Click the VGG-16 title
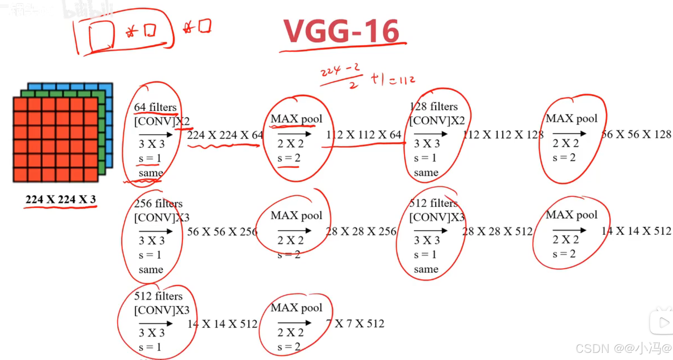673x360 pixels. click(x=341, y=31)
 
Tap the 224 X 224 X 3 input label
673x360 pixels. click(x=60, y=199)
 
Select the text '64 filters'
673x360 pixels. click(x=155, y=107)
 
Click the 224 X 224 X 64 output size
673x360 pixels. click(x=225, y=135)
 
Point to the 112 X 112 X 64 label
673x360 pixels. click(x=364, y=135)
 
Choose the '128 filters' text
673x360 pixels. click(x=434, y=106)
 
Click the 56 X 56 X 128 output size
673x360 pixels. click(x=636, y=134)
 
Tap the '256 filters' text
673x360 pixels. click(x=158, y=204)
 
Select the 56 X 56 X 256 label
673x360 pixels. click(x=222, y=232)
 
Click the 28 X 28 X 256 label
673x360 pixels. click(x=361, y=231)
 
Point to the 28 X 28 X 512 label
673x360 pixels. click(x=497, y=231)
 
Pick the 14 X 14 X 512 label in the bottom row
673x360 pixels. click(x=222, y=324)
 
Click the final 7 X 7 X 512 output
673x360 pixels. click(x=355, y=323)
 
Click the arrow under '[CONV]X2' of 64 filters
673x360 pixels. click(x=156, y=134)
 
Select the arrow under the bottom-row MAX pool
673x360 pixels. click(x=294, y=322)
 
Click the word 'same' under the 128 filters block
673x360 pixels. click(x=426, y=172)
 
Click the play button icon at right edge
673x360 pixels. click(x=663, y=322)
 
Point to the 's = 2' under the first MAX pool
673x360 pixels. click(x=289, y=158)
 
